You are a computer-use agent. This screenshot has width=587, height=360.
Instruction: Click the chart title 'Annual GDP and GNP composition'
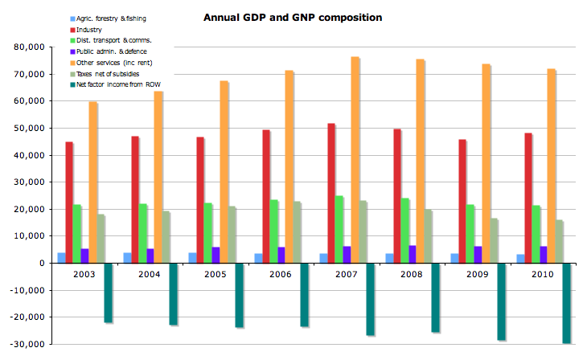[292, 17]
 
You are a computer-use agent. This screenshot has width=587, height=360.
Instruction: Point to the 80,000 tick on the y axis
[31, 47]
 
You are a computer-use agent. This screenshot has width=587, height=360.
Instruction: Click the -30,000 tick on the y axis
[30, 344]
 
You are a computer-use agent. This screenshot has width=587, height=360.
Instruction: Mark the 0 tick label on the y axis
[43, 263]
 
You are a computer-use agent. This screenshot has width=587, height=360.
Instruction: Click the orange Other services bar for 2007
[355, 160]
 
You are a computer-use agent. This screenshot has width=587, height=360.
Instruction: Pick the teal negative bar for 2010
[567, 303]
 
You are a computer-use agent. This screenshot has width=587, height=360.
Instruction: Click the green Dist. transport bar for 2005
[208, 233]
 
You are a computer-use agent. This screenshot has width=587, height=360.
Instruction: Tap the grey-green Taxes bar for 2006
[298, 232]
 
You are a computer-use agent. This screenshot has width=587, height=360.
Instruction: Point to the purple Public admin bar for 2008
[413, 254]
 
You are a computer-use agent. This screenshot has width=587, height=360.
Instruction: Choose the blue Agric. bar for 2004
[127, 258]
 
